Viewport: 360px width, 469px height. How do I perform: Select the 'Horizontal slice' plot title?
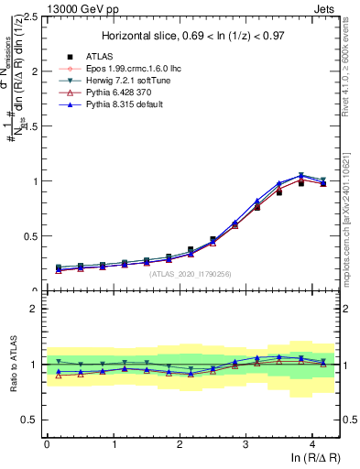[192, 36]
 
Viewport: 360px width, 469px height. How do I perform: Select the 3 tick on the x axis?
[245, 443]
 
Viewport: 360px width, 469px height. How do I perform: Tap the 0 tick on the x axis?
[47, 443]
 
